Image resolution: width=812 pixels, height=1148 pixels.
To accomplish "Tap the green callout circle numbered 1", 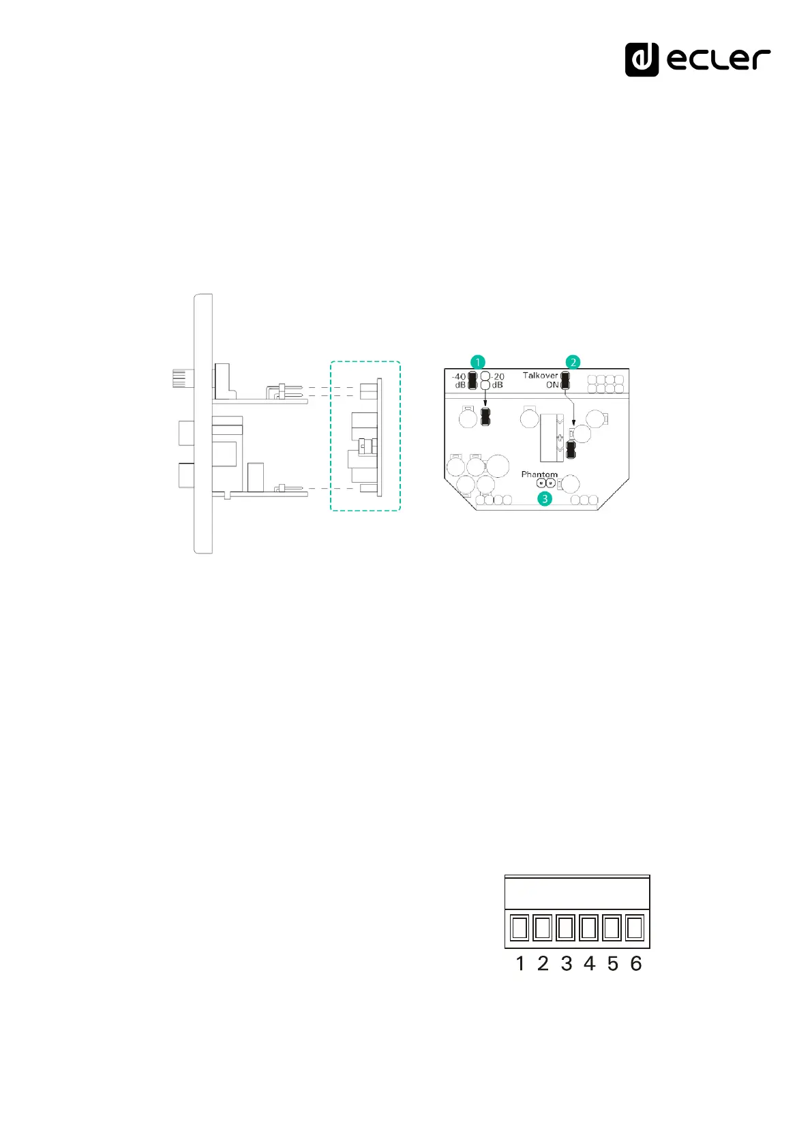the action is tap(479, 361).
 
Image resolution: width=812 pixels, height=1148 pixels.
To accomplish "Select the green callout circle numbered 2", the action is tap(573, 361).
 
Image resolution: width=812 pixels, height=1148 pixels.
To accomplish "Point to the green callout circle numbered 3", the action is tap(545, 499).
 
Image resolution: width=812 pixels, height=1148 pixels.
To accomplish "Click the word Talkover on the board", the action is tap(540, 376).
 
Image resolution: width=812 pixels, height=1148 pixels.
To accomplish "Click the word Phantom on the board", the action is tap(539, 474).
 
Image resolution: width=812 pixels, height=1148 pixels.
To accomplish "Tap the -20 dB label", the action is tap(498, 380).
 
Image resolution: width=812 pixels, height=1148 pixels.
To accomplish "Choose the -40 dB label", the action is tap(459, 380).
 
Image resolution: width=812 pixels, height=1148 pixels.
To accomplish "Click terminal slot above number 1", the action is tap(520, 928).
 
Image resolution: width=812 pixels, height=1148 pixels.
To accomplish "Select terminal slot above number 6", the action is tap(635, 928).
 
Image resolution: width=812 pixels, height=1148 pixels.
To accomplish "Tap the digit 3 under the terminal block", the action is tap(566, 963).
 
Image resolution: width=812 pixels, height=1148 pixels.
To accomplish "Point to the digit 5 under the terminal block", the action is tap(612, 963).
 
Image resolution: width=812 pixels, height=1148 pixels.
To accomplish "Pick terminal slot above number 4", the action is tap(588, 928).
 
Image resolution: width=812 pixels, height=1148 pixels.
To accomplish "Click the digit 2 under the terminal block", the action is tap(543, 963).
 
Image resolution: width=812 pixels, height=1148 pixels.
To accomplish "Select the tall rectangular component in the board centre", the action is tap(552, 437).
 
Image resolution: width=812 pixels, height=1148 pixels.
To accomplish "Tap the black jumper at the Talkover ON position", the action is tap(565, 380).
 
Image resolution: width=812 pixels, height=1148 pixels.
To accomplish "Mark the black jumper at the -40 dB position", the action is tap(472, 380).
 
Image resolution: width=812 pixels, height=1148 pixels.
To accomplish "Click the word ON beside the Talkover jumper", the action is tap(552, 385).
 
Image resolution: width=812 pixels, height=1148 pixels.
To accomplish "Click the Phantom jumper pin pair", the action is tap(545, 484).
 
